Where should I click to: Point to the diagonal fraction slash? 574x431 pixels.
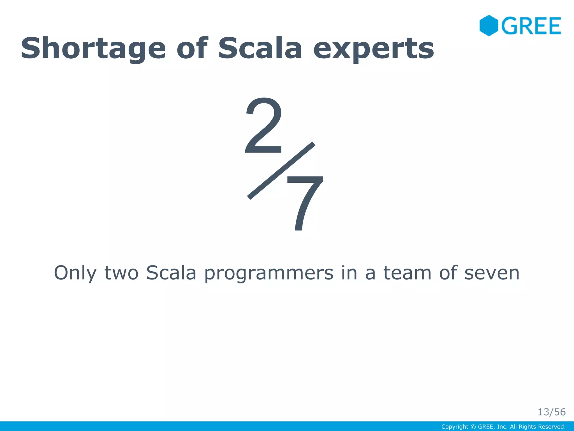[x=281, y=171]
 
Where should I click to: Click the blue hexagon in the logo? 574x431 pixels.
[x=489, y=26]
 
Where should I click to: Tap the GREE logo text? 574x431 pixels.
[x=531, y=26]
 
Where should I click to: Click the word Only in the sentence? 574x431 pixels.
[x=75, y=273]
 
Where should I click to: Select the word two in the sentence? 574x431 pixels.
[x=121, y=273]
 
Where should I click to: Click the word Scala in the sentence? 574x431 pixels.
[x=171, y=273]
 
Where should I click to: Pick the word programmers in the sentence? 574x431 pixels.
[x=269, y=273]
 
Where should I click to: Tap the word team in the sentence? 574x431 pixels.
[x=407, y=273]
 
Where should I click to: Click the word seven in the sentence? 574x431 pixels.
[x=492, y=273]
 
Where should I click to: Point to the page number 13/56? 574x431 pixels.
[x=551, y=412]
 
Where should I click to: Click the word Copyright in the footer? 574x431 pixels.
[x=455, y=427]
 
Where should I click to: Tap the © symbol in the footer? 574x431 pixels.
[x=473, y=427]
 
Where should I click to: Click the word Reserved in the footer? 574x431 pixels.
[x=553, y=427]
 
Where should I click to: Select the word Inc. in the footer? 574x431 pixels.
[x=502, y=427]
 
